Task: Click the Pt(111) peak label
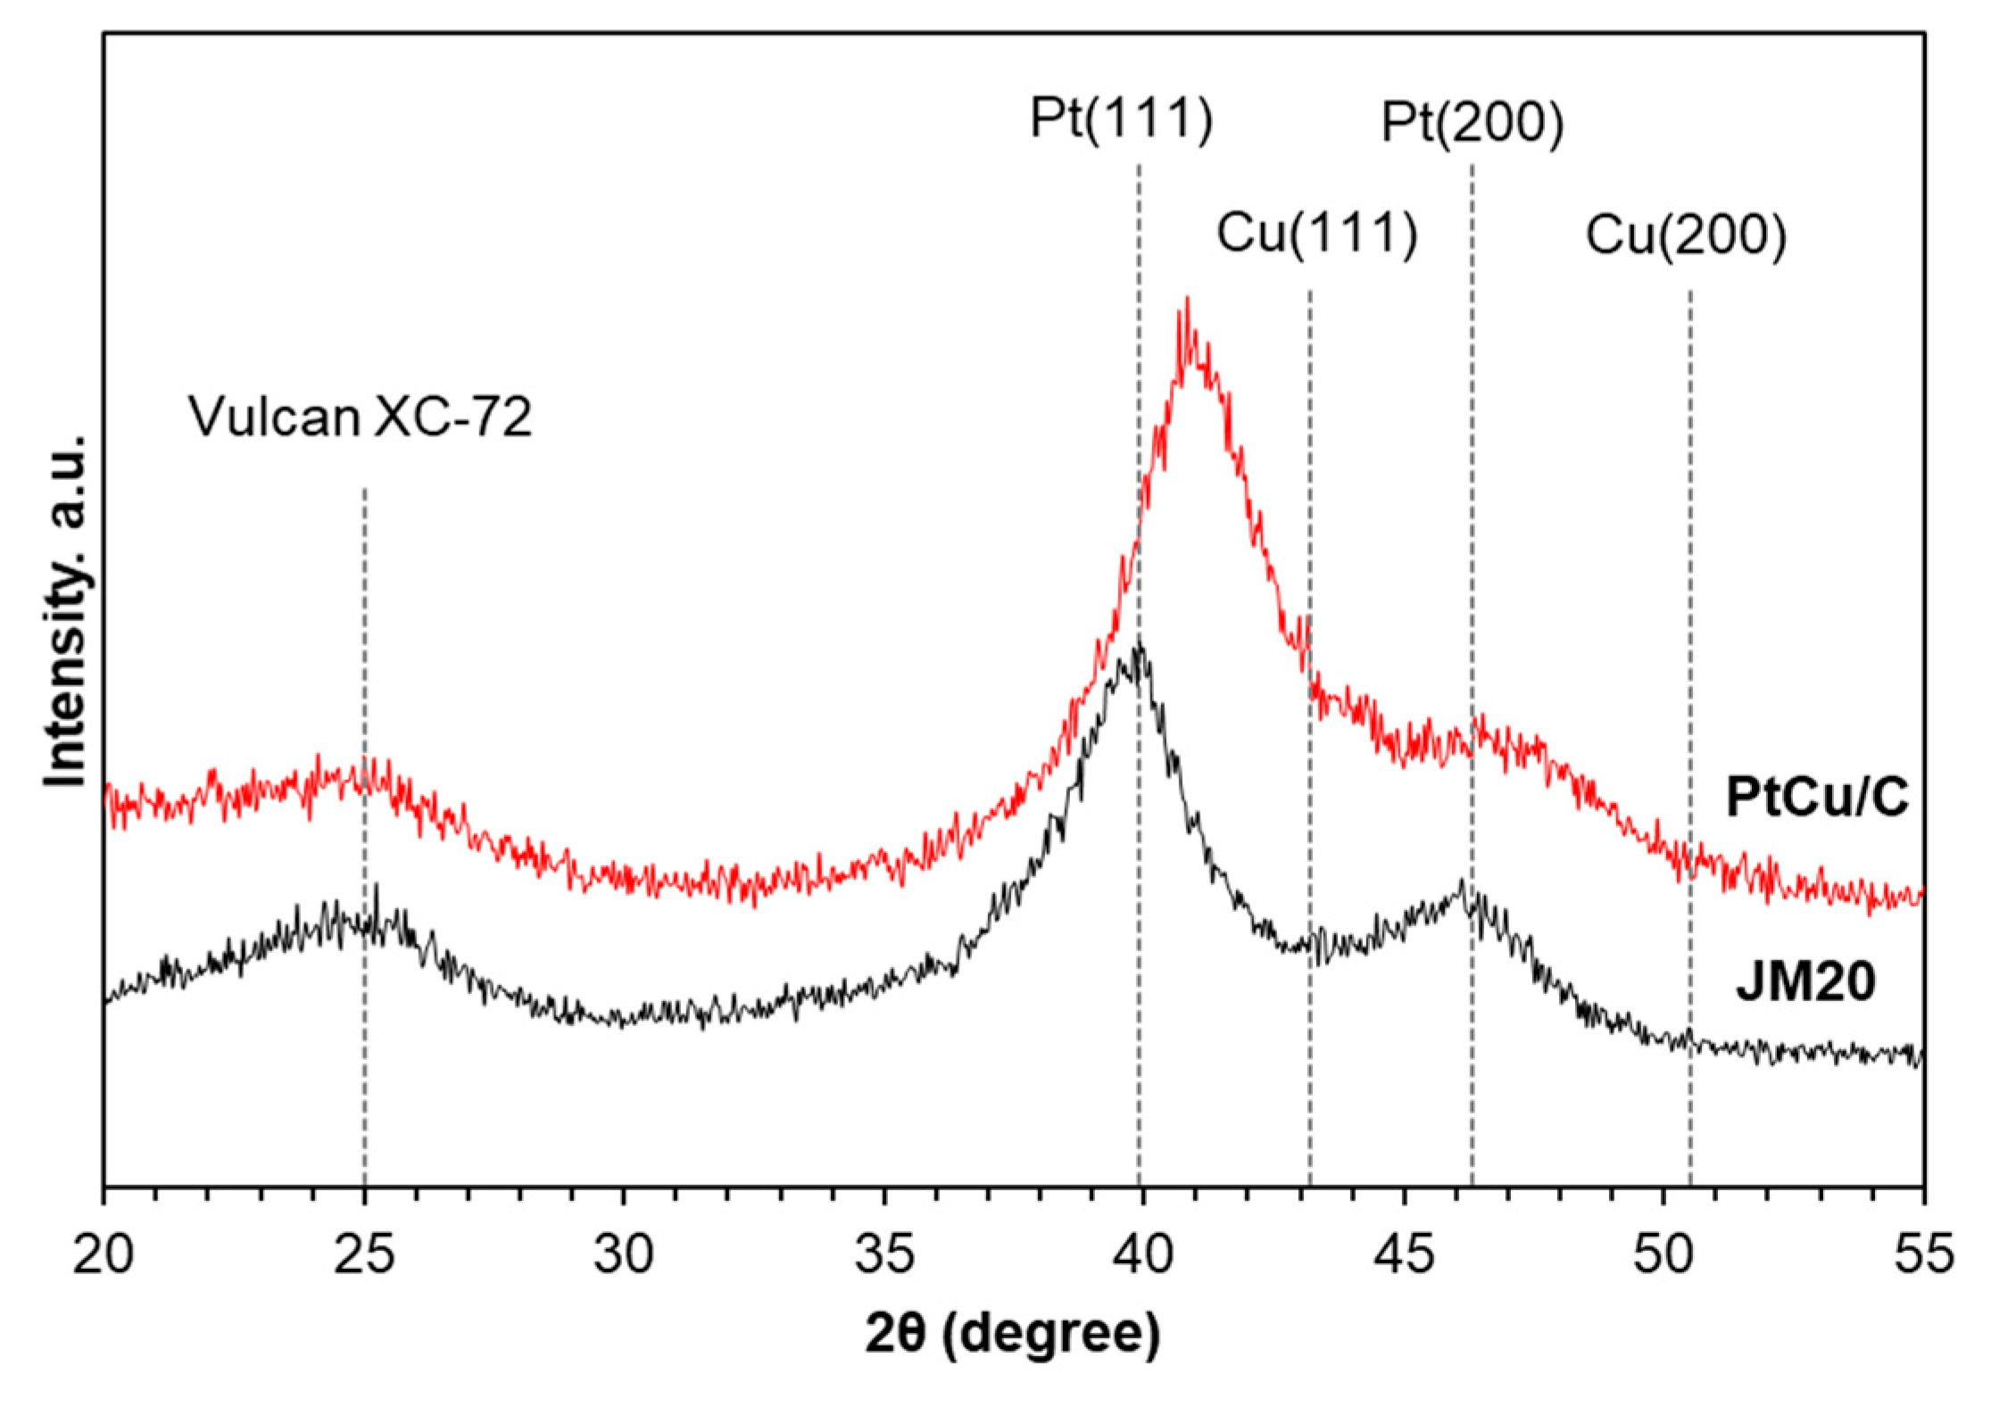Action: pyautogui.click(x=1121, y=118)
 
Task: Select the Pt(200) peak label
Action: pyautogui.click(x=1473, y=122)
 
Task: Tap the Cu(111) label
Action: pyautogui.click(x=1316, y=234)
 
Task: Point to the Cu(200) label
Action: pyautogui.click(x=1685, y=236)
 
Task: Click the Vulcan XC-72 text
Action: pyautogui.click(x=360, y=417)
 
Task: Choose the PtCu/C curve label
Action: pyautogui.click(x=1817, y=797)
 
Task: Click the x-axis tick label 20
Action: pyautogui.click(x=103, y=1254)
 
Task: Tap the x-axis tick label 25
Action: pyautogui.click(x=364, y=1254)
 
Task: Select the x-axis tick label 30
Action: pyautogui.click(x=624, y=1254)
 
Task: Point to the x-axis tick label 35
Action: pyautogui.click(x=884, y=1254)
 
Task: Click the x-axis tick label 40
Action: pyautogui.click(x=1143, y=1254)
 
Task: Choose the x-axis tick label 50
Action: pyautogui.click(x=1663, y=1254)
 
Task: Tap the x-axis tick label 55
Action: pyautogui.click(x=1923, y=1254)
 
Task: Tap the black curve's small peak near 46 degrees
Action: pyautogui.click(x=1461, y=883)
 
